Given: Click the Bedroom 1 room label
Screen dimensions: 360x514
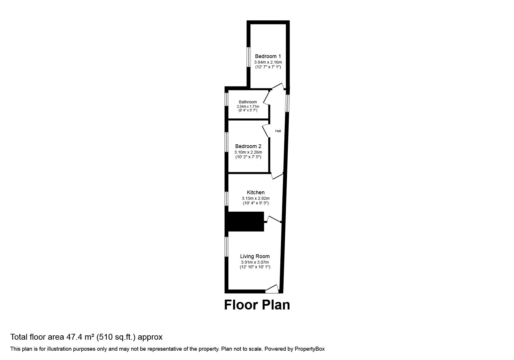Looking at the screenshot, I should point(268,56).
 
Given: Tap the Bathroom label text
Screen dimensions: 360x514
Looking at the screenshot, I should point(248,102).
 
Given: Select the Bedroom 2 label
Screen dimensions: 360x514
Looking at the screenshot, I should point(248,146).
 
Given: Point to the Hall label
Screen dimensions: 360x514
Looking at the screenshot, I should point(278,131).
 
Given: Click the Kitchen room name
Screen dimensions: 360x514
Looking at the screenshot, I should point(255,192).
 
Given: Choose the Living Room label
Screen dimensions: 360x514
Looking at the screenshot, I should point(255,256).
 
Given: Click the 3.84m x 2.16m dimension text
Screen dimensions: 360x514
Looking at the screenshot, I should point(268,62).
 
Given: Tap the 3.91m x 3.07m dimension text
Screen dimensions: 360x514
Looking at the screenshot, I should point(255,262).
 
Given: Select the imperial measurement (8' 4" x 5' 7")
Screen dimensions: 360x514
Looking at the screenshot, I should point(248,110).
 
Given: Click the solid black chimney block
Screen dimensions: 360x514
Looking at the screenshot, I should point(245,222).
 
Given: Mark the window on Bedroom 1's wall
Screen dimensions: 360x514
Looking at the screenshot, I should point(249,57).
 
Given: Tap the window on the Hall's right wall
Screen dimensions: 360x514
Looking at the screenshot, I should point(287,103).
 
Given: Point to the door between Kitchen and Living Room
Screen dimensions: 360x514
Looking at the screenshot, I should point(273,220).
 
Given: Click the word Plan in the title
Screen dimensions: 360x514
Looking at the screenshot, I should point(276,305).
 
